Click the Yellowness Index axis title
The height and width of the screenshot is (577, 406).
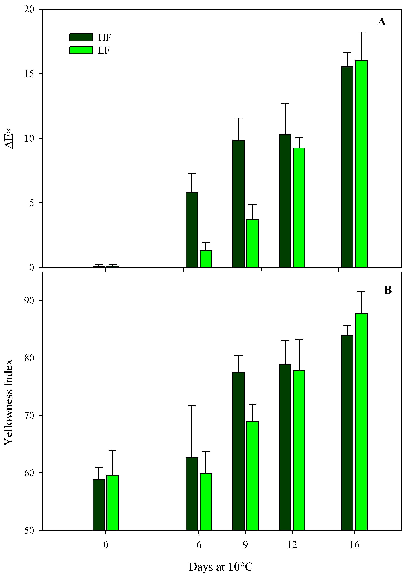[x=8, y=402]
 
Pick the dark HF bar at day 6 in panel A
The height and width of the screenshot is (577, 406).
[x=192, y=230]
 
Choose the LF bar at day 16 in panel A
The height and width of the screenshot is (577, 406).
[x=361, y=163]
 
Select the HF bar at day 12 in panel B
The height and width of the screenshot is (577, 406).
[x=285, y=447]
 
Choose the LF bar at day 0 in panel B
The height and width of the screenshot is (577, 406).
[x=113, y=503]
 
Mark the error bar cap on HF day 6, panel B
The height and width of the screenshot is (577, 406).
[x=192, y=406]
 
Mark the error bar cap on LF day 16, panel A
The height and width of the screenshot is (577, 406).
[x=361, y=32]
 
